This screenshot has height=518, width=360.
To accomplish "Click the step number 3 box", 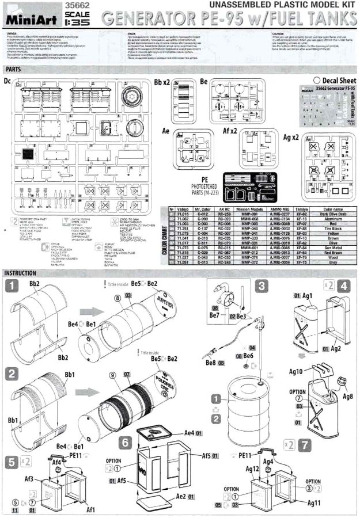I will (262, 285).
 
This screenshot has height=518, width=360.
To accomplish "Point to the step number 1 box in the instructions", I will (11, 285).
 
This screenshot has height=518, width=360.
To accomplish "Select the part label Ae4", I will (188, 432).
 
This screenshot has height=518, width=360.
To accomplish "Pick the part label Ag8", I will (347, 397).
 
